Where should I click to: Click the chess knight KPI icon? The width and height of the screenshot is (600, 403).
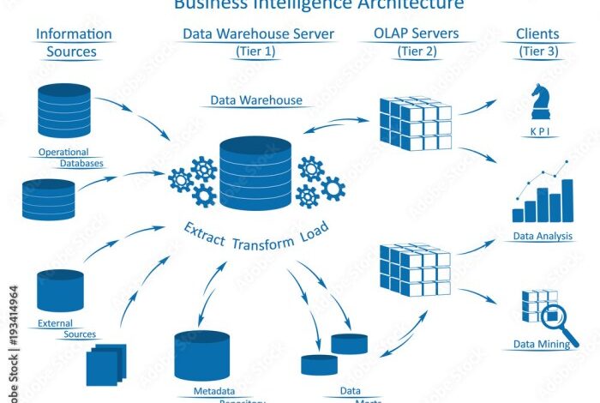click(x=539, y=102)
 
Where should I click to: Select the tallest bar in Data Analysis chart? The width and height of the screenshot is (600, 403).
click(x=567, y=200)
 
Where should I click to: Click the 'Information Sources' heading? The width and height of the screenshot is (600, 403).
click(x=74, y=42)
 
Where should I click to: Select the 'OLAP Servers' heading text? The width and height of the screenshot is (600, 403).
click(x=416, y=34)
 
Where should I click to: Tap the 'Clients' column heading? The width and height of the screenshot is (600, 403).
click(x=538, y=34)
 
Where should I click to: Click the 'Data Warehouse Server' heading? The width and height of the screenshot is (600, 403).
click(x=258, y=34)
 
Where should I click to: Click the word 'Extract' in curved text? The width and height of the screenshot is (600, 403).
click(x=204, y=232)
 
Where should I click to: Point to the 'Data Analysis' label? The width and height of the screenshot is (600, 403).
click(x=543, y=236)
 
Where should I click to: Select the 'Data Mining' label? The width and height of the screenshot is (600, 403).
click(x=543, y=345)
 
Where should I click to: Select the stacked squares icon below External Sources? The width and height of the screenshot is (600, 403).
click(x=106, y=364)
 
